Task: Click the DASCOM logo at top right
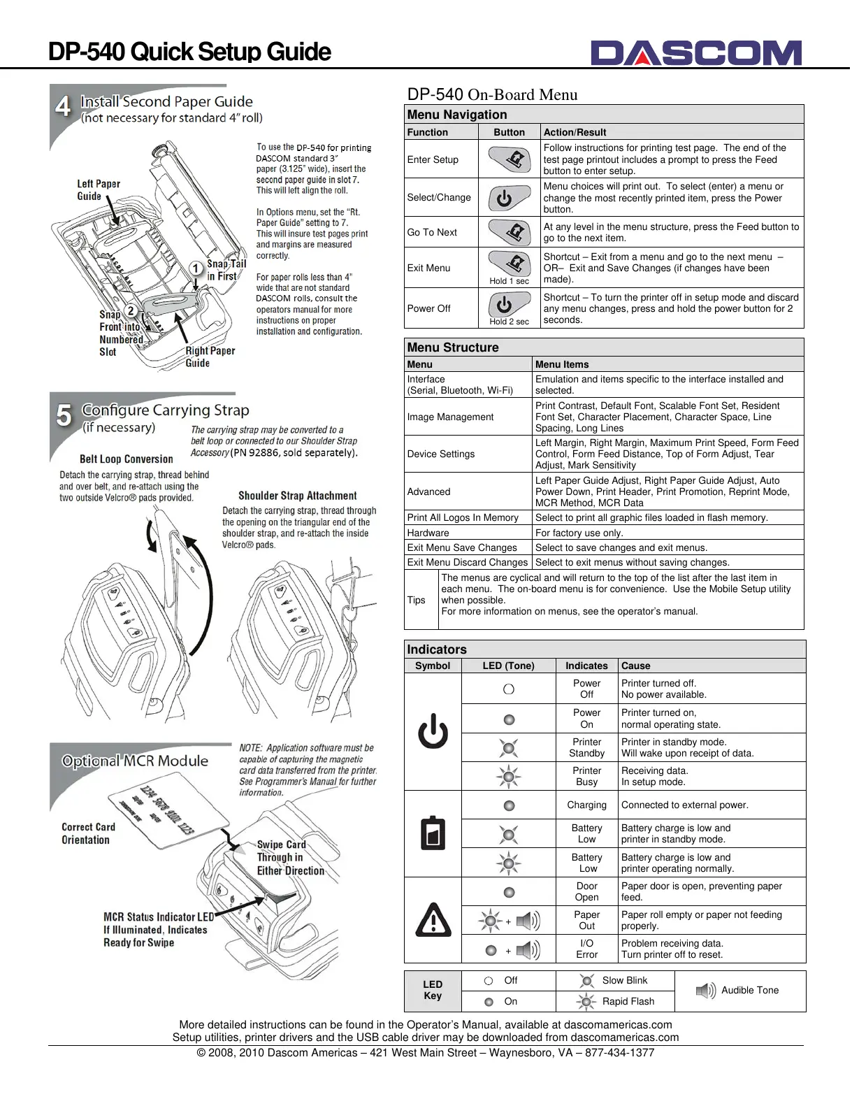(x=695, y=53)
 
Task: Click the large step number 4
(x=64, y=107)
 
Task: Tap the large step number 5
(x=64, y=415)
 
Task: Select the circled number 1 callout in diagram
(x=196, y=268)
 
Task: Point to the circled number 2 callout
(x=130, y=311)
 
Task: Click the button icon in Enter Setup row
(x=510, y=159)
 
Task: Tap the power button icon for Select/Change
(x=510, y=198)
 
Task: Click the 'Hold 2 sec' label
(x=510, y=322)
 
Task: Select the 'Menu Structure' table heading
(x=453, y=347)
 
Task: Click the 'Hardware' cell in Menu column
(x=428, y=533)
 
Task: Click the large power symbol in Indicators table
(x=433, y=731)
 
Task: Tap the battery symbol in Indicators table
(x=433, y=833)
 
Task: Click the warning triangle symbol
(x=433, y=920)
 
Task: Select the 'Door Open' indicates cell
(x=587, y=891)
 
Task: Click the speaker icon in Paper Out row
(x=528, y=921)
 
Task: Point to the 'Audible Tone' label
(x=750, y=990)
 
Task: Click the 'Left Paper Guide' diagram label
(x=99, y=190)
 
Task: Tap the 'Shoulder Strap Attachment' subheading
(x=298, y=496)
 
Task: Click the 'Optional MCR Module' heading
(x=135, y=761)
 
